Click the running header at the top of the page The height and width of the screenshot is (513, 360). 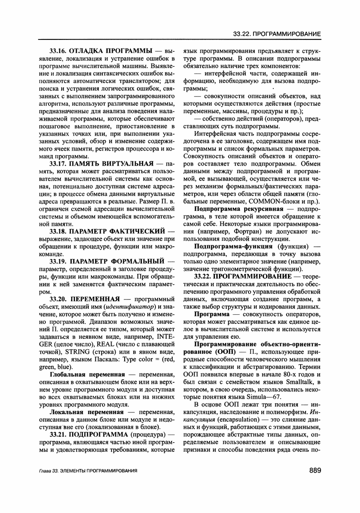(x=277, y=34)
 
